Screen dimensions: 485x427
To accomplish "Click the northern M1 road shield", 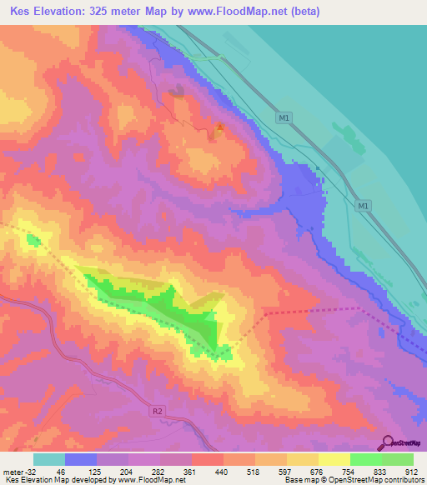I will coord(284,118).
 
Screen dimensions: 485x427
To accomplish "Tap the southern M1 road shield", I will coord(362,205).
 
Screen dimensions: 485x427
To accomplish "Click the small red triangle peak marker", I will coord(219,127).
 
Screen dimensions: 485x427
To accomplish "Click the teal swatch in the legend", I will coord(49,459).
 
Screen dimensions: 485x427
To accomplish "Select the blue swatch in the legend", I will coord(81,459).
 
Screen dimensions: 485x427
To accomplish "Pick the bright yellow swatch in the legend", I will coord(334,459).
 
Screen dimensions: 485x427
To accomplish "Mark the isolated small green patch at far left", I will coord(33,241).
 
